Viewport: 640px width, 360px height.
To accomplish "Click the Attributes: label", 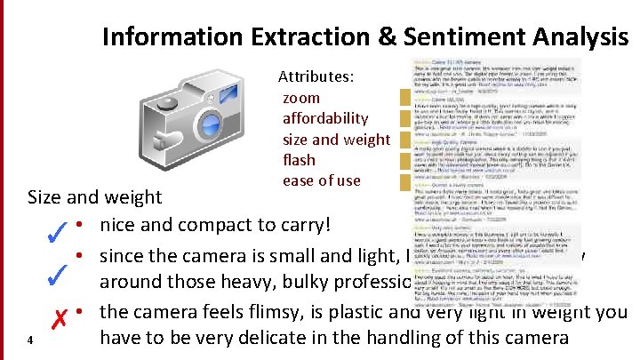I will point(316,77).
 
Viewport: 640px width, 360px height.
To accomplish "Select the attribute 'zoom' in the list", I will point(300,98).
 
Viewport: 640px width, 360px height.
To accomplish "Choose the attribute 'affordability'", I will point(324,118).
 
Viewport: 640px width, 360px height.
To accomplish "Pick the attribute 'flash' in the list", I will point(299,160).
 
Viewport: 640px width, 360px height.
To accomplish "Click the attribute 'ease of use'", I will point(321,180).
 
